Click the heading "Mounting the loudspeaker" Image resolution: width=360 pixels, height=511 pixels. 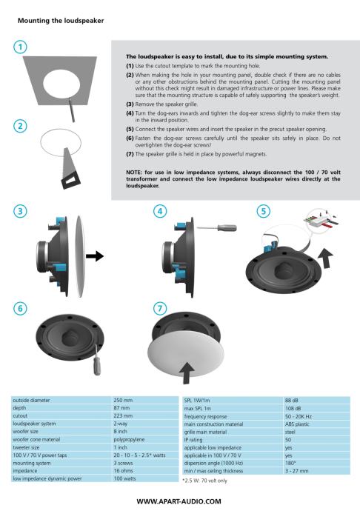[61, 21]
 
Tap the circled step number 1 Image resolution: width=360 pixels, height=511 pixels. [20, 47]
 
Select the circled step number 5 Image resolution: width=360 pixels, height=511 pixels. [264, 211]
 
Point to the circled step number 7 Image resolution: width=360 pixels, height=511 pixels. [160, 308]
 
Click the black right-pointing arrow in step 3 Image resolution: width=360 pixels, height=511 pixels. [95, 255]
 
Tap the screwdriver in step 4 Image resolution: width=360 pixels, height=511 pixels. [217, 227]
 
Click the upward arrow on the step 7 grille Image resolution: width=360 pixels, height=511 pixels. [187, 373]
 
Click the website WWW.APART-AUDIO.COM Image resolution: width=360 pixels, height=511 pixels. [179, 501]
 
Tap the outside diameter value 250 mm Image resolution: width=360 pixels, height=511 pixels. [123, 400]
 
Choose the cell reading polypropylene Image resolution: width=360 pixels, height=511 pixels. [129, 439]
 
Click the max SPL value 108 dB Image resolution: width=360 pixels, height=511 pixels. [293, 408]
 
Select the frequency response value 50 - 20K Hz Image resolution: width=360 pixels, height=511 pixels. [298, 416]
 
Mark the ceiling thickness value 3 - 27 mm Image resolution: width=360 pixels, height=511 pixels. [296, 471]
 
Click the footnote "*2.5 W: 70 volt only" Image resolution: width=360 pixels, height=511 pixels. [204, 481]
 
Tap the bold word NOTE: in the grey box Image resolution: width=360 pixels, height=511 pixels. [134, 172]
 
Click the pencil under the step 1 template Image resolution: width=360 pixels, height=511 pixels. [72, 110]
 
